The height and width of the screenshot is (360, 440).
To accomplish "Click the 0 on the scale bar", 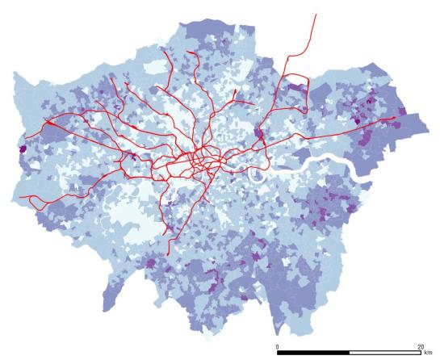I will (x=277, y=346).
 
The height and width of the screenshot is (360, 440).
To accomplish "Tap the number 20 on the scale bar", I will (x=419, y=346).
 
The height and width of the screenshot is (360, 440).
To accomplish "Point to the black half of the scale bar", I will (x=313, y=354).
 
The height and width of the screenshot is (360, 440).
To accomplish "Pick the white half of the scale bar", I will (x=384, y=354).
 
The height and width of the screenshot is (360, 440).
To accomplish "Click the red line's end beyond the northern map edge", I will (x=316, y=14).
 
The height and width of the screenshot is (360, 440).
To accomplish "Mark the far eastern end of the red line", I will (x=395, y=118).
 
